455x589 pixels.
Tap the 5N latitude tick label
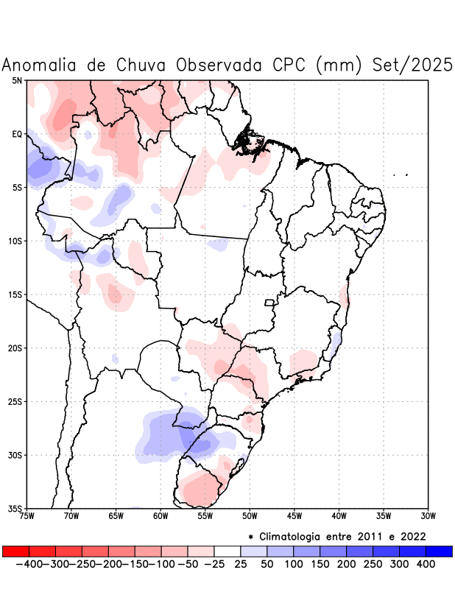17,80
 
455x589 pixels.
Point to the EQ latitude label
17,134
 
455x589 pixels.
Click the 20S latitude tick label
15,348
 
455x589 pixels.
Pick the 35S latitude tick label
15,508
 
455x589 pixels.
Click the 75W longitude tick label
27,516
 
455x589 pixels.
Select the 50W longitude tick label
250,516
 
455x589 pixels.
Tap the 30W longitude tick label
428,516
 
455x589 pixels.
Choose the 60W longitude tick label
161,516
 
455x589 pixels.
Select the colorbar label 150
320,564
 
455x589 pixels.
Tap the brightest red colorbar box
16,551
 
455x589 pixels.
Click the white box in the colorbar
227,551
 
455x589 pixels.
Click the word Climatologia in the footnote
297,536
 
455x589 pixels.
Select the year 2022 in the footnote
413,536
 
